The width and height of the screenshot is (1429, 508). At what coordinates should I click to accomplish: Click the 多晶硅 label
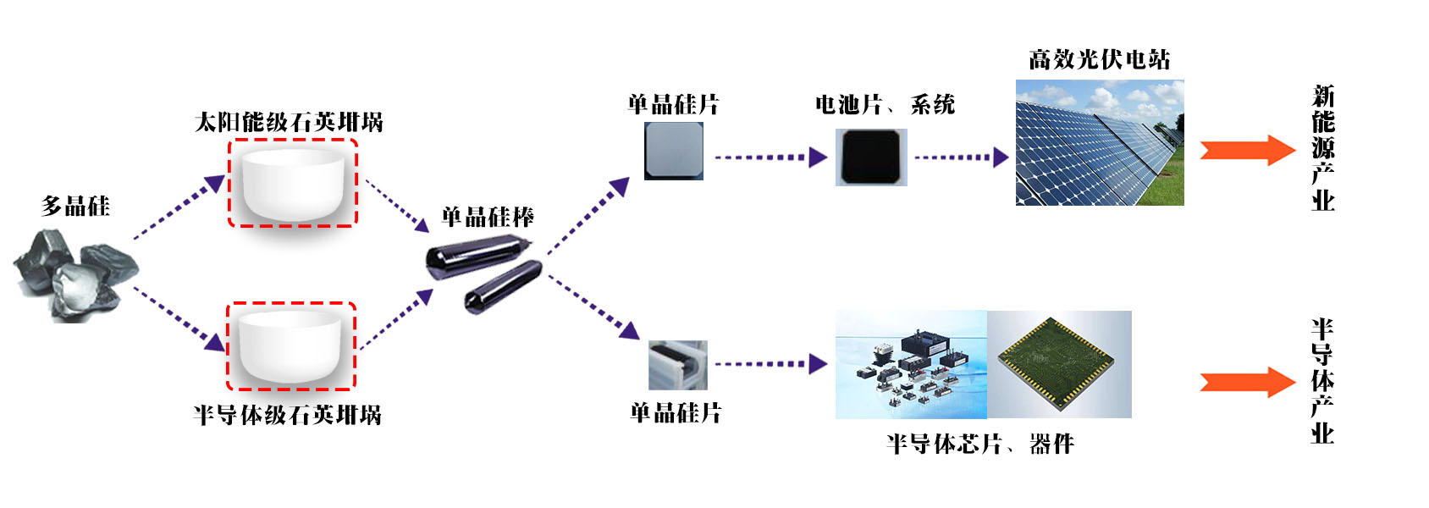(75, 206)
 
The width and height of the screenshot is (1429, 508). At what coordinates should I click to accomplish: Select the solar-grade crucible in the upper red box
(293, 183)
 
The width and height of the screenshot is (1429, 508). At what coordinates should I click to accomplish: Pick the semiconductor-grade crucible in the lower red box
(290, 345)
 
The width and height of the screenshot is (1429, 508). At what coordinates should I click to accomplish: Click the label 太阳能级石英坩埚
(289, 122)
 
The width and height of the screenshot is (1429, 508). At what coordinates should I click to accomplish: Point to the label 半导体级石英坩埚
(287, 415)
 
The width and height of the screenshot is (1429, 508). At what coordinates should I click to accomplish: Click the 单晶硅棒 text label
(488, 217)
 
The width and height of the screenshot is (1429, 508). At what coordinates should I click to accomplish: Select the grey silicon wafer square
(673, 151)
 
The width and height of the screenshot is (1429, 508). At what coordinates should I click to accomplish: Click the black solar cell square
(871, 157)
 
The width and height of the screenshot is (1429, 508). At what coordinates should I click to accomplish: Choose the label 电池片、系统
(885, 104)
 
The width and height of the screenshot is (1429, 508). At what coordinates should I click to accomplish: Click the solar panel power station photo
(1099, 142)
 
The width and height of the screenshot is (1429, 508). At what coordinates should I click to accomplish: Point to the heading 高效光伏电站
(1099, 59)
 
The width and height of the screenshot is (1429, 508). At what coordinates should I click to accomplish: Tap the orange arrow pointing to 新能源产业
(1247, 150)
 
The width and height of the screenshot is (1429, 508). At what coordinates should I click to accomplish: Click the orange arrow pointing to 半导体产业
(1247, 382)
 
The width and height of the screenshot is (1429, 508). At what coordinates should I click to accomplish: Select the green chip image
(1059, 364)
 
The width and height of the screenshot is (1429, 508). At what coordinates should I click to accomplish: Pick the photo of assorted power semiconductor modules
(911, 364)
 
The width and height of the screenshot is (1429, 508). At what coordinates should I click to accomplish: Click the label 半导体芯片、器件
(979, 443)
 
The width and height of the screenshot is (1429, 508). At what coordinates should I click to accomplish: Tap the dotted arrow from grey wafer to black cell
(770, 157)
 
